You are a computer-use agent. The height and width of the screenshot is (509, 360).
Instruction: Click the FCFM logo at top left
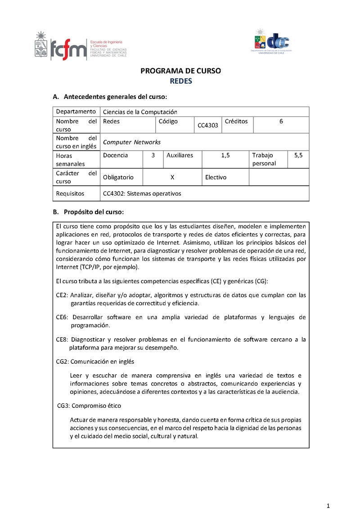(80, 46)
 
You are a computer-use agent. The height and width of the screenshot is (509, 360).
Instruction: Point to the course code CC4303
(208, 125)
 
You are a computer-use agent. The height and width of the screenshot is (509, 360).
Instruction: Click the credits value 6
(281, 121)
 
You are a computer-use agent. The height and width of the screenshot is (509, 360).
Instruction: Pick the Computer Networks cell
(132, 142)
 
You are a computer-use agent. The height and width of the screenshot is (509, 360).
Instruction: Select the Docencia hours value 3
(153, 155)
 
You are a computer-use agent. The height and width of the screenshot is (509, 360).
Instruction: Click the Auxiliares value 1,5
(225, 155)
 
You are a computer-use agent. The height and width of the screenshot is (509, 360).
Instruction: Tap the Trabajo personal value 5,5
(298, 155)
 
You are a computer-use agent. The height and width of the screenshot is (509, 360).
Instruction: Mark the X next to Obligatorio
(172, 177)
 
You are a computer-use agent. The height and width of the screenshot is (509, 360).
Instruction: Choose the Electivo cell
(216, 177)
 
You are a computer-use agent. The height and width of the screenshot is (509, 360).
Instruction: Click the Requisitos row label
(70, 193)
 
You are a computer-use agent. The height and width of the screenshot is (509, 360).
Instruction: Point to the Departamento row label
(76, 112)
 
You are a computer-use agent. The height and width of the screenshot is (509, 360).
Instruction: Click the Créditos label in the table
(236, 121)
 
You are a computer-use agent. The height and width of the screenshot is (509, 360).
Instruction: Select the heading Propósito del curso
(94, 212)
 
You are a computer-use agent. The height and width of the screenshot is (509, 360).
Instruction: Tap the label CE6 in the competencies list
(62, 317)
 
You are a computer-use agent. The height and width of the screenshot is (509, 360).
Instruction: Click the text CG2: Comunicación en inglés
(95, 362)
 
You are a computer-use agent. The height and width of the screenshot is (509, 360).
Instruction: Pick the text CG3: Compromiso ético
(89, 406)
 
